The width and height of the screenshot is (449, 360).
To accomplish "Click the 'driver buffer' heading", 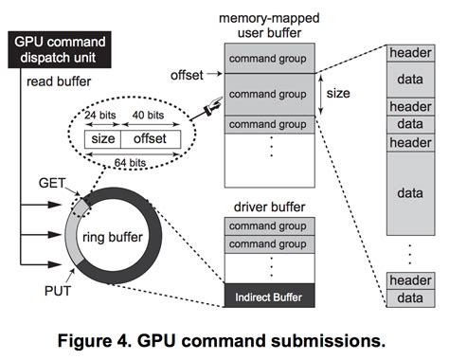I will point(269,206).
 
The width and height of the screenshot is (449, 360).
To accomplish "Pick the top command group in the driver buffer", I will point(270,226).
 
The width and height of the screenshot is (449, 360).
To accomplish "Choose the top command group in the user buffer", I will point(270,59).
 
